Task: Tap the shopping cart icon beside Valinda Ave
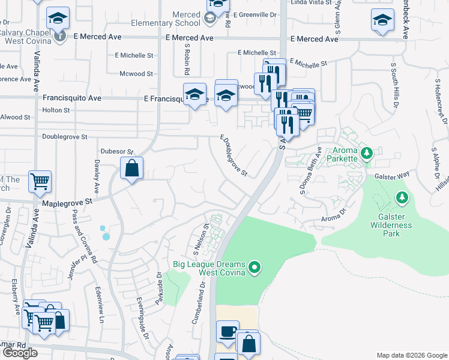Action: (x=40, y=181)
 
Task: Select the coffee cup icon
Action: (x=228, y=332)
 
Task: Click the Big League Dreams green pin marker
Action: (x=255, y=266)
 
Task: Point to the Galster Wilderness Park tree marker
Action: (x=401, y=197)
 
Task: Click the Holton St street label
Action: (x=56, y=110)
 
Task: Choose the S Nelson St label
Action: (x=199, y=238)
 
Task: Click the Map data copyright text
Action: (x=411, y=355)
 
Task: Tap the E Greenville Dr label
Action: (x=255, y=14)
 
